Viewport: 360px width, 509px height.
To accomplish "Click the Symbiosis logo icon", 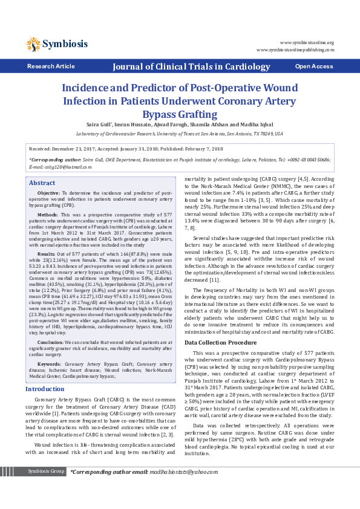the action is (x=33, y=44).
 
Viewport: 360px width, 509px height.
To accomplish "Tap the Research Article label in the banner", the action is (x=51, y=66).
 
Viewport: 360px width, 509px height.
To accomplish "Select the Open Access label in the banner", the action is (x=313, y=66).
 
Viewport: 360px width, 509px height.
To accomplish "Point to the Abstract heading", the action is (x=42, y=183).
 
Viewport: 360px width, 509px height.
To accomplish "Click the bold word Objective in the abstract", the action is (x=48, y=192).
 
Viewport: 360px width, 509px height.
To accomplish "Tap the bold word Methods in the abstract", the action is (x=48, y=215).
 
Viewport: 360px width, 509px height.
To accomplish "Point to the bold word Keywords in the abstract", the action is (x=49, y=347).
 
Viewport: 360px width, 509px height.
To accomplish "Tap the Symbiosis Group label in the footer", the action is (x=47, y=488).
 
